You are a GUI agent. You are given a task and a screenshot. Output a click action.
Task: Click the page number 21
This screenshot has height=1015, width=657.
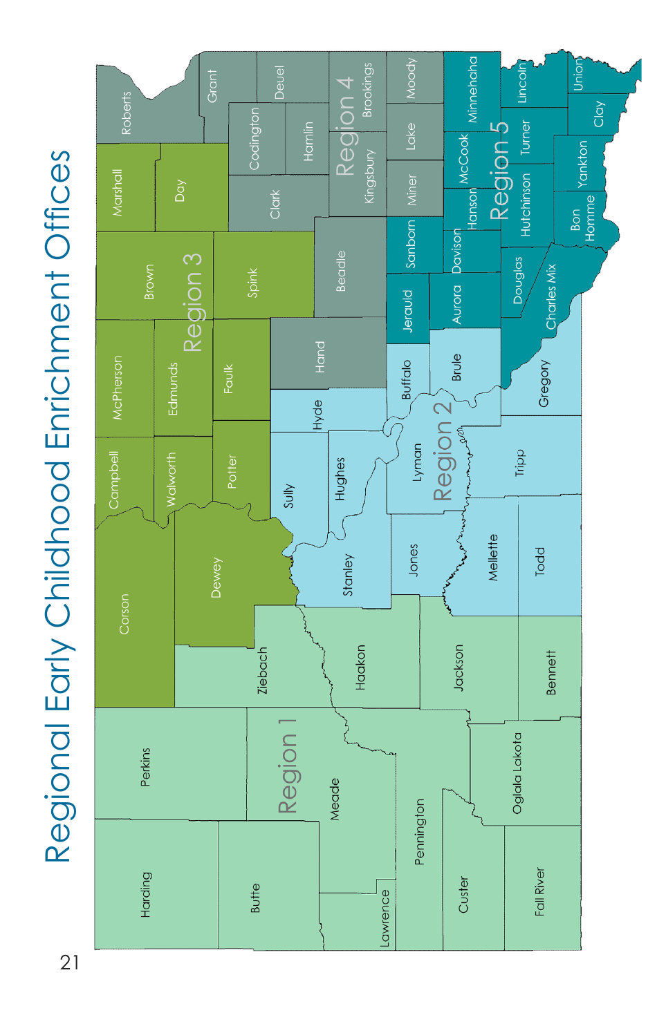(69, 962)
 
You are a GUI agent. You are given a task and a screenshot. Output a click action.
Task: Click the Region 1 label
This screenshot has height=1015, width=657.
(287, 766)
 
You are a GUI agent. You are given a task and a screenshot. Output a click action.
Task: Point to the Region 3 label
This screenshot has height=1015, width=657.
(193, 303)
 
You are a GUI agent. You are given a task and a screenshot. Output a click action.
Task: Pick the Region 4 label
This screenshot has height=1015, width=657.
(346, 126)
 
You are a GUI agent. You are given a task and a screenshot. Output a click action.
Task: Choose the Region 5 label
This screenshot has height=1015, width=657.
(499, 171)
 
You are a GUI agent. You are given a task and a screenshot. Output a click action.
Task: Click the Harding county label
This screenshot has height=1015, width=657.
(146, 894)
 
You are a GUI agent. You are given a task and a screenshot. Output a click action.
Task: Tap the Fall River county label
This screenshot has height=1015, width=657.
(540, 891)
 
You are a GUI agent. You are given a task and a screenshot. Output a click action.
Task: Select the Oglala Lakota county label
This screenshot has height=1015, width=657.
(517, 772)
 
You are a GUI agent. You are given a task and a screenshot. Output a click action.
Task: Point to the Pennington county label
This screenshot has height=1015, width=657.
(420, 832)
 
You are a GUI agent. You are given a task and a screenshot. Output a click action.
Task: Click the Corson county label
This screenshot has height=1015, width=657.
(124, 614)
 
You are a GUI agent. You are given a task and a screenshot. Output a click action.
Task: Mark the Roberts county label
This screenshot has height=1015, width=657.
(127, 113)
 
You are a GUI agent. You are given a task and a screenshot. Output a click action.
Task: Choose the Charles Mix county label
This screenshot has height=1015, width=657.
(551, 296)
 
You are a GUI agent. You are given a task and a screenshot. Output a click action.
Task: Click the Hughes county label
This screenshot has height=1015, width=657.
(340, 478)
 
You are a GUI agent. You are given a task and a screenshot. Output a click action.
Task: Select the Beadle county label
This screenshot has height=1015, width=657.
(341, 272)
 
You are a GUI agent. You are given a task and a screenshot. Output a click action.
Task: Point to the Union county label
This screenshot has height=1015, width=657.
(578, 75)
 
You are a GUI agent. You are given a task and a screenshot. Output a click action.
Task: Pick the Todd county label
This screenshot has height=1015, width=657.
(540, 561)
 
